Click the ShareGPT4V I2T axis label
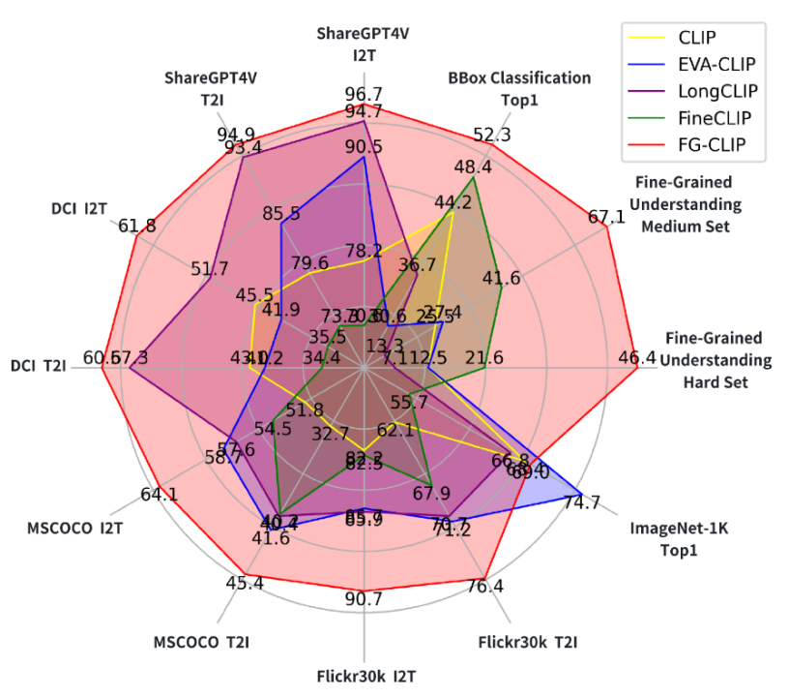(x=364, y=44)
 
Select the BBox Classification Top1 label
(x=519, y=86)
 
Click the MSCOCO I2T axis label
(x=74, y=529)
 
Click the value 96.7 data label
(x=364, y=94)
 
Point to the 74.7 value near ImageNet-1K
(x=581, y=502)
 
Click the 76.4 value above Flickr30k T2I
(x=484, y=587)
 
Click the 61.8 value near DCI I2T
(x=136, y=227)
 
